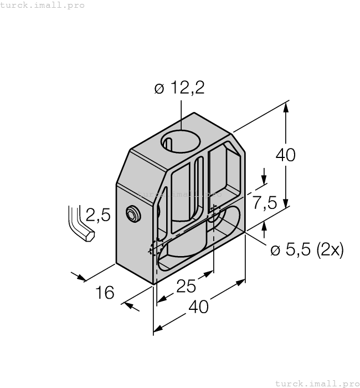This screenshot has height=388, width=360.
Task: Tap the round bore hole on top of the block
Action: click(x=181, y=141)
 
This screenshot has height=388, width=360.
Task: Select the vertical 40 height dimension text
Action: click(x=285, y=155)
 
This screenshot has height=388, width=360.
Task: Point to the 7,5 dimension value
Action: click(x=265, y=203)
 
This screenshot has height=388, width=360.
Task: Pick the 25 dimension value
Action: click(x=186, y=286)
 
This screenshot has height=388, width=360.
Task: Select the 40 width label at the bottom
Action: click(x=199, y=306)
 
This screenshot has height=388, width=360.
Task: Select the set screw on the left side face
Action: click(x=132, y=215)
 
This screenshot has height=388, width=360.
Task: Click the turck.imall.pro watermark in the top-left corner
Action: click(x=43, y=5)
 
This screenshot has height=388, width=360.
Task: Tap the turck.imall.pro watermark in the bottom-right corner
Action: click(x=317, y=383)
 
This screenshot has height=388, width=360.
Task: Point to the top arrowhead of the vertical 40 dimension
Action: click(x=286, y=108)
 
